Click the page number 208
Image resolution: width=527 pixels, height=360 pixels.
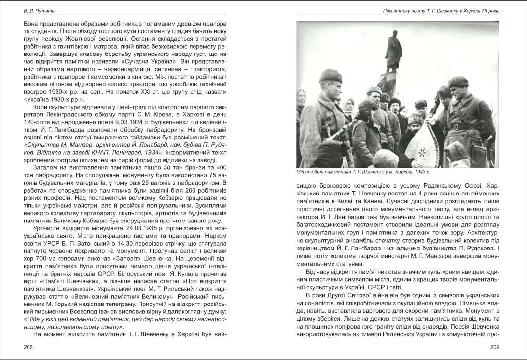click(x=28, y=347)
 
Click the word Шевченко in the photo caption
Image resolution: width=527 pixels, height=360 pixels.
click(x=366, y=172)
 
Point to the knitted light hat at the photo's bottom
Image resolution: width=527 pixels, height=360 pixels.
click(x=386, y=159)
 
